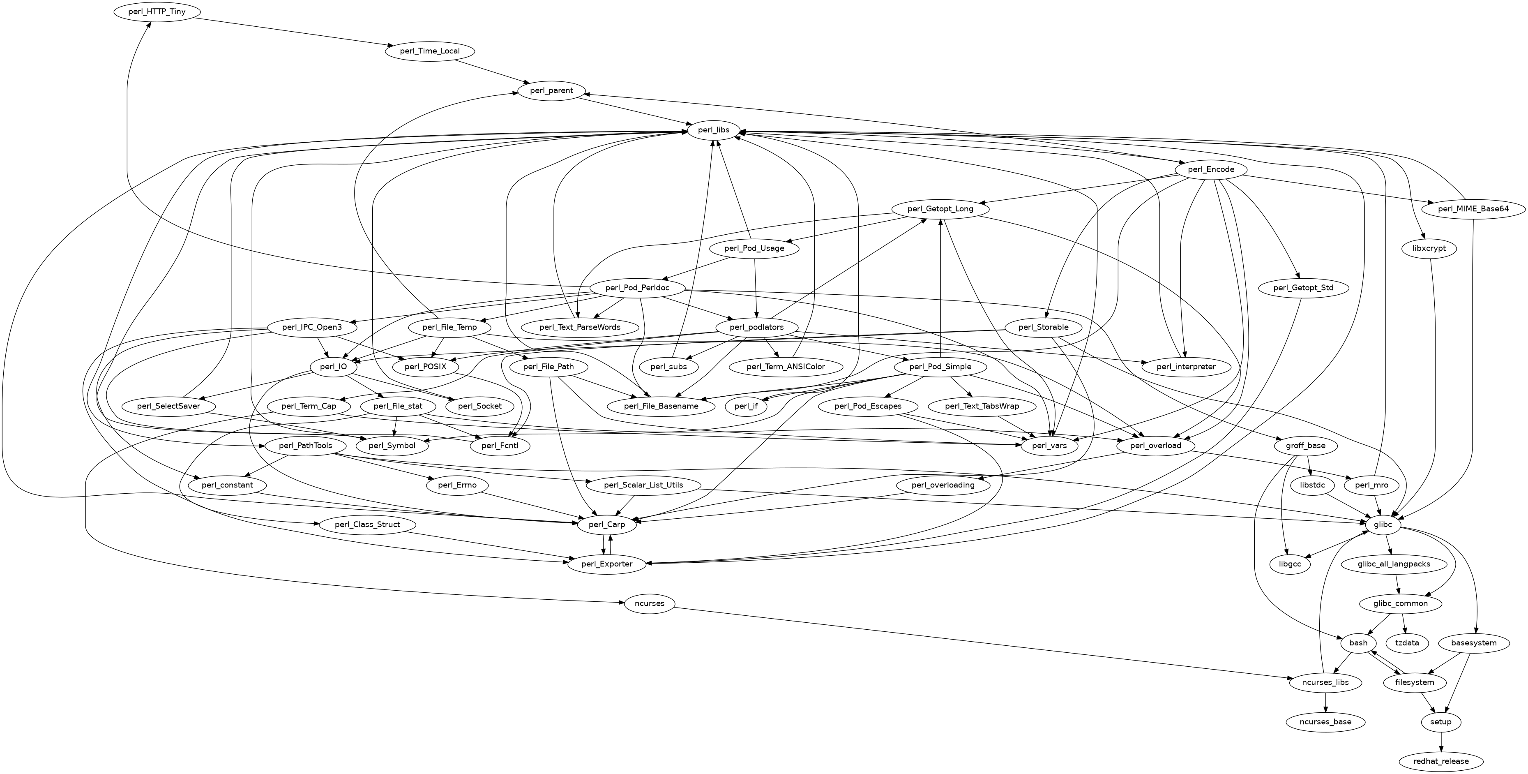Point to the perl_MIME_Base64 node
pyautogui.click(x=1473, y=209)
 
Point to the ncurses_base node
pyautogui.click(x=1325, y=722)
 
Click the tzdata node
pyautogui.click(x=1407, y=643)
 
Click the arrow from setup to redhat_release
pyautogui.click(x=1441, y=742)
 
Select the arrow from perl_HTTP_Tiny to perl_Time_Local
pyautogui.click(x=290, y=31)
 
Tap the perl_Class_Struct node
pyautogui.click(x=367, y=525)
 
